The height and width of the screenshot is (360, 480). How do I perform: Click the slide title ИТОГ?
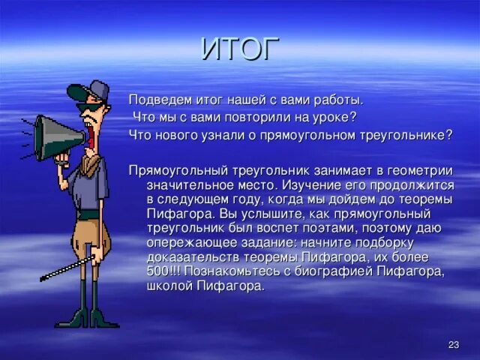(240, 49)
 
